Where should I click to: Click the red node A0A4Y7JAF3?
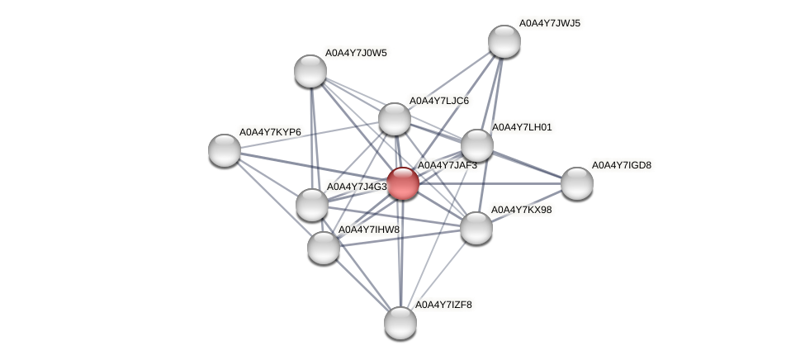[x=403, y=182]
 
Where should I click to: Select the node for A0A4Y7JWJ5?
[x=504, y=41]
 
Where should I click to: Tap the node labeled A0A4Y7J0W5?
[x=310, y=70]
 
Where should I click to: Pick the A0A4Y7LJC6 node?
[x=395, y=119]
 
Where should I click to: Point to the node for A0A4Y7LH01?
[x=477, y=145]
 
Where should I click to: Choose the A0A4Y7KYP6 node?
[x=225, y=149]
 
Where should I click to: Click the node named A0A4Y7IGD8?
[x=576, y=182]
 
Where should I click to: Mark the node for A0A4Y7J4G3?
[x=312, y=204]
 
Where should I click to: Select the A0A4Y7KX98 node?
[x=476, y=227]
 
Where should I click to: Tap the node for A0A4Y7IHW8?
[x=324, y=247]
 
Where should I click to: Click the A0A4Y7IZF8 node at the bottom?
[x=400, y=322]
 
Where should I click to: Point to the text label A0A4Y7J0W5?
[x=355, y=53]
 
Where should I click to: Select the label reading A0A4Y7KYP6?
[x=269, y=132]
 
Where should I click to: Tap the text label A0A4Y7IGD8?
[x=621, y=165]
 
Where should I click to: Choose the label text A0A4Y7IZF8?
[x=443, y=305]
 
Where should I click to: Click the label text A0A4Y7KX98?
[x=521, y=210]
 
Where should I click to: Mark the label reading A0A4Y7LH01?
[x=522, y=127]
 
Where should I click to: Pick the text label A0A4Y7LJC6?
[x=439, y=101]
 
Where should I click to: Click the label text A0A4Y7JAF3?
[x=447, y=166]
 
